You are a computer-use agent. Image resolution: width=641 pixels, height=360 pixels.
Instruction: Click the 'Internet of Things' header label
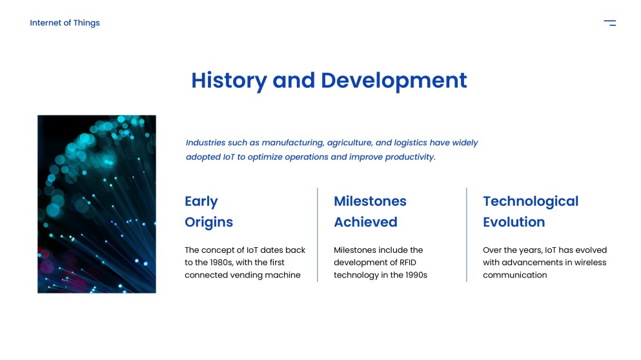pyautogui.click(x=65, y=23)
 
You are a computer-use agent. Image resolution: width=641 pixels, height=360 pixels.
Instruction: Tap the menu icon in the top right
pyautogui.click(x=609, y=23)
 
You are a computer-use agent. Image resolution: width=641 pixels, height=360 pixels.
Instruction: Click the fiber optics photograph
pyautogui.click(x=97, y=204)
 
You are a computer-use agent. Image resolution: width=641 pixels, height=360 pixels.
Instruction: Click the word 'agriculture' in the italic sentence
pyautogui.click(x=350, y=143)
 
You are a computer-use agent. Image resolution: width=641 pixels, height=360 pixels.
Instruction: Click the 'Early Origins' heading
pyautogui.click(x=209, y=212)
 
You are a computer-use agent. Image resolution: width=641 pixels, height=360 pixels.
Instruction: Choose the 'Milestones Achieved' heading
pyautogui.click(x=370, y=212)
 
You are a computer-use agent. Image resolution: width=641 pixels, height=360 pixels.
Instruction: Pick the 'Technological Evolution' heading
pyautogui.click(x=531, y=212)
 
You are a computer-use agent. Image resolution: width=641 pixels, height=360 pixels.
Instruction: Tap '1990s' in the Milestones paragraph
pyautogui.click(x=413, y=275)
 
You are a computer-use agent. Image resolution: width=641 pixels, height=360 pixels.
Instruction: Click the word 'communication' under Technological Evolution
pyautogui.click(x=514, y=275)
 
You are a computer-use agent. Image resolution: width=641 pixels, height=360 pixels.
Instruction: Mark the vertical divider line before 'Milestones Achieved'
pyautogui.click(x=318, y=235)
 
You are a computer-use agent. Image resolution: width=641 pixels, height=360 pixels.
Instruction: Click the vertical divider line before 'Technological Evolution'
pyautogui.click(x=467, y=235)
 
